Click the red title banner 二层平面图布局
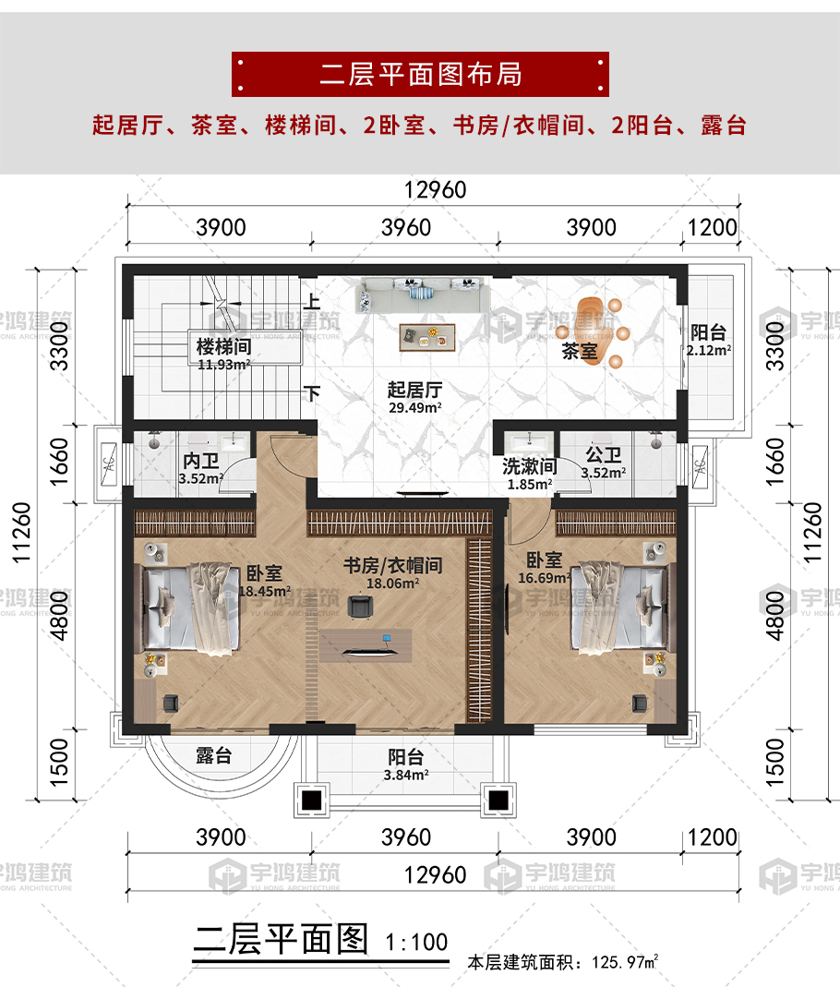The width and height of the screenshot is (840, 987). click(420, 74)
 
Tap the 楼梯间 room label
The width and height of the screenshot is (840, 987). click(223, 346)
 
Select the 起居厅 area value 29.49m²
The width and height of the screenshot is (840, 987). click(414, 408)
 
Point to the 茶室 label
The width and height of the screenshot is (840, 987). click(579, 351)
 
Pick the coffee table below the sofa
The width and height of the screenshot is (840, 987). click(427, 337)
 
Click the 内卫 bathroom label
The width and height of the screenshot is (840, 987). click(200, 461)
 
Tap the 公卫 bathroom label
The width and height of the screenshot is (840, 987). click(604, 454)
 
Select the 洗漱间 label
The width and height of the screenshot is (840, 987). click(529, 466)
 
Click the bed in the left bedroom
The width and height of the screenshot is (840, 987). click(192, 608)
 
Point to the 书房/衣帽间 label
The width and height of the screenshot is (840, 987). click(392, 565)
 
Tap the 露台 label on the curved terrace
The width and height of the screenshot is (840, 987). click(214, 755)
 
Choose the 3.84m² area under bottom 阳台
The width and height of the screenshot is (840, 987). click(406, 776)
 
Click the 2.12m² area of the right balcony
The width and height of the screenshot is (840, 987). click(709, 351)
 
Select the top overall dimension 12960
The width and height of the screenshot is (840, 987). click(435, 190)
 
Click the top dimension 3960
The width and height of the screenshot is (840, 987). click(406, 228)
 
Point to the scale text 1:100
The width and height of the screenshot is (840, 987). click(416, 943)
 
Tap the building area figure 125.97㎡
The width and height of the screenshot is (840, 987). click(625, 962)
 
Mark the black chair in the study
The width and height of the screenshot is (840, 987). click(360, 607)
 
